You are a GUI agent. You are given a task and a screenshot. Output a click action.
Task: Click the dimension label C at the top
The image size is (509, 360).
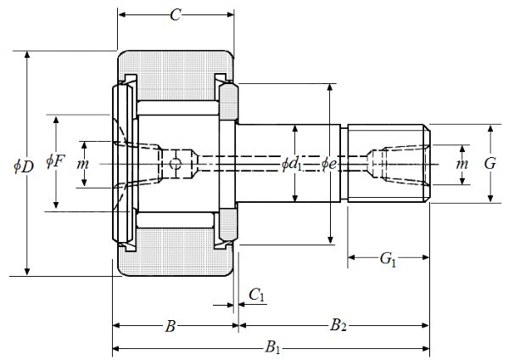point(175,14)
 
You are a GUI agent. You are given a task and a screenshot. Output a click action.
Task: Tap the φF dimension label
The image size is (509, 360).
point(55,159)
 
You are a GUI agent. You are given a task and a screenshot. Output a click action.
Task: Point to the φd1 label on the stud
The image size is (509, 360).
point(293,163)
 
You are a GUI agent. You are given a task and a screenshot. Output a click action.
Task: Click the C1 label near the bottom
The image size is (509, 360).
point(257,295)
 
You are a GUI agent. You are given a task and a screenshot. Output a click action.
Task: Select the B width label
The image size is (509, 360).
point(171,324)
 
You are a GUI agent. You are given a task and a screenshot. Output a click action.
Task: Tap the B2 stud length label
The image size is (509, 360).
point(338,324)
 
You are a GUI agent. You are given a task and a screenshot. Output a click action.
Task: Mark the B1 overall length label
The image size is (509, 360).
point(273,346)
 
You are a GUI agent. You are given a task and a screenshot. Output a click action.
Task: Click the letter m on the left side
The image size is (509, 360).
point(82,162)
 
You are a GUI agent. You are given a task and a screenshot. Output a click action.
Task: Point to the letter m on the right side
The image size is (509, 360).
point(461,162)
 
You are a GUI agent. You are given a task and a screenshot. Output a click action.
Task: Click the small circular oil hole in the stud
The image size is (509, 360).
point(176,163)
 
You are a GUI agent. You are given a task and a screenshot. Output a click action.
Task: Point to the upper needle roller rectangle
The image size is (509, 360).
point(176,109)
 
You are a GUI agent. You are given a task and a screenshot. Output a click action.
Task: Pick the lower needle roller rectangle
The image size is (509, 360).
point(176,219)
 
